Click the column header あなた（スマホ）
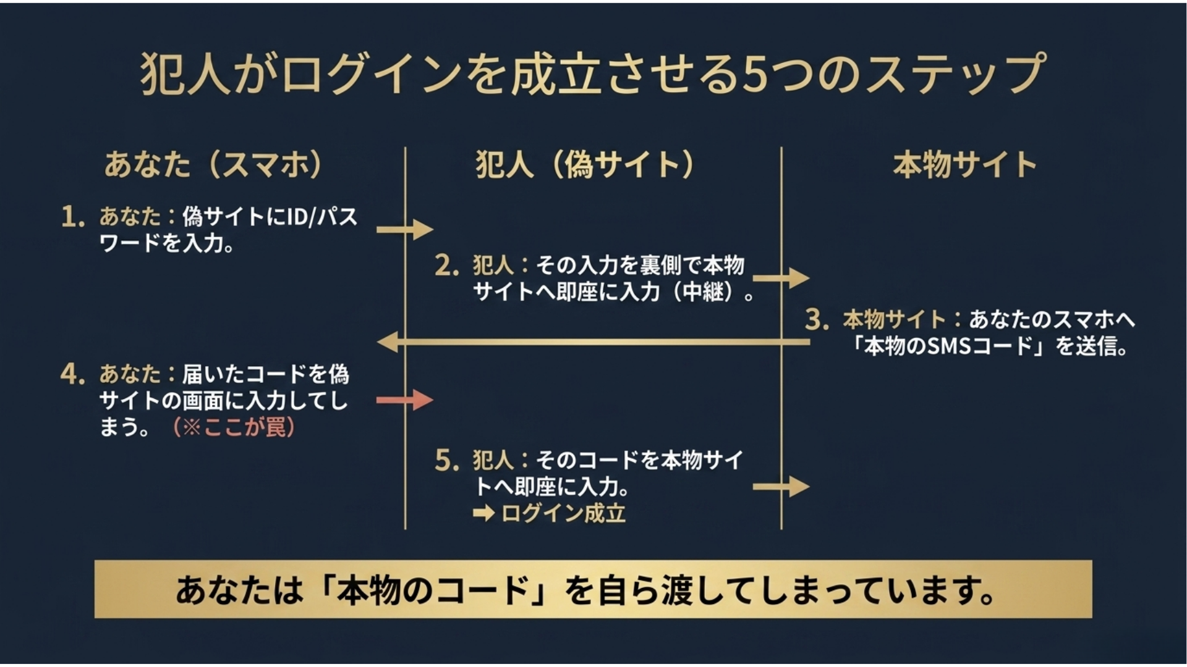point(213,165)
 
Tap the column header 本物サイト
point(964,165)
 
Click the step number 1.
point(72,217)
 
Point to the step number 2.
point(446,266)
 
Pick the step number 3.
point(816,320)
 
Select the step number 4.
point(72,374)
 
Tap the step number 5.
point(446,461)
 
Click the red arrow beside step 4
point(405,400)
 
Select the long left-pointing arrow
point(593,342)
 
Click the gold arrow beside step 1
point(405,230)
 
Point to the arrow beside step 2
point(781,278)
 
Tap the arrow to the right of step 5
point(781,487)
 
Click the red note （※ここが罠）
point(233,427)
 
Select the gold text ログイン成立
point(563,513)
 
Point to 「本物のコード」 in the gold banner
point(433,590)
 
